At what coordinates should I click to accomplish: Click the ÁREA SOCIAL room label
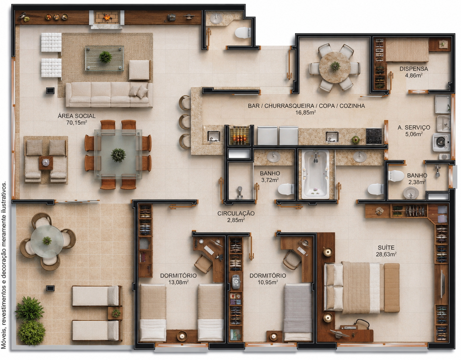(x=77, y=116)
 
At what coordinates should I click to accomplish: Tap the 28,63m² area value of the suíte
(x=386, y=254)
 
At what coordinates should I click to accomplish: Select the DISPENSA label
(x=414, y=69)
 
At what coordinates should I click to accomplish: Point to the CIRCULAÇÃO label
(x=236, y=213)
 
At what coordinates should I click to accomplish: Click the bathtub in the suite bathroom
(x=316, y=174)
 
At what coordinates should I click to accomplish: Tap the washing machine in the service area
(x=441, y=142)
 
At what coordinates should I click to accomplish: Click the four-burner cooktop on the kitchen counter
(x=374, y=136)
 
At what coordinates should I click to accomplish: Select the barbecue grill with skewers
(x=240, y=135)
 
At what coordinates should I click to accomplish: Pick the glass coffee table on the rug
(x=105, y=58)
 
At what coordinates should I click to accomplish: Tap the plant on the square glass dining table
(x=118, y=155)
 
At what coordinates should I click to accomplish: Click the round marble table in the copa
(x=335, y=67)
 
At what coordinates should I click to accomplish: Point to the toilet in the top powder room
(x=243, y=33)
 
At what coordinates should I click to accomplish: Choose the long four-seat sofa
(x=109, y=95)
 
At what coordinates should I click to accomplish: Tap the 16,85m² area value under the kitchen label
(x=305, y=112)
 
